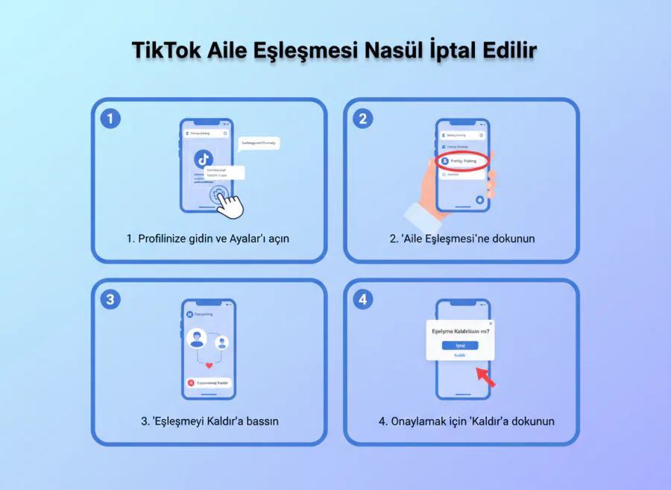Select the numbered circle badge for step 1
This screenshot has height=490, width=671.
click(x=110, y=118)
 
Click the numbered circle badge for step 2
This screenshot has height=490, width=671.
click(x=362, y=118)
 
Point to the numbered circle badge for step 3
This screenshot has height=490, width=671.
click(x=110, y=299)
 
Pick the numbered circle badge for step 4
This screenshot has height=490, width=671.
click(x=362, y=299)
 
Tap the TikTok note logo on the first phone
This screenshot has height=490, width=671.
click(x=204, y=158)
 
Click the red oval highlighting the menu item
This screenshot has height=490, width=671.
click(x=462, y=160)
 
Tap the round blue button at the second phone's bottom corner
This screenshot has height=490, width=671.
click(x=480, y=199)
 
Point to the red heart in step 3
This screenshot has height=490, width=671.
click(x=210, y=365)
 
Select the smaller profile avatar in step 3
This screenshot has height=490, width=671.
click(x=221, y=342)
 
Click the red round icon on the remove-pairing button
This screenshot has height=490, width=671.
click(x=192, y=383)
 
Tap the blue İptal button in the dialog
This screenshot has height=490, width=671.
click(x=460, y=345)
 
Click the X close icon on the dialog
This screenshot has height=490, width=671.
click(x=491, y=324)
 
